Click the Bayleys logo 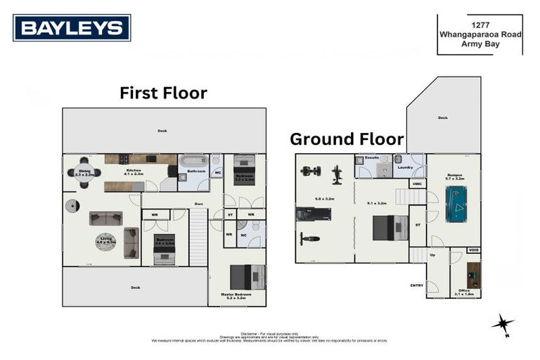click(72, 28)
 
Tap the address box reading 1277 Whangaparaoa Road click(480, 34)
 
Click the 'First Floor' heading click(163, 93)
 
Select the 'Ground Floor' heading click(347, 139)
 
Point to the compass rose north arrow click(502, 325)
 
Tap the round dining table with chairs click(84, 173)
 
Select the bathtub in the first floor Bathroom click(193, 162)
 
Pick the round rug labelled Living click(105, 241)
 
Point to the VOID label click(473, 250)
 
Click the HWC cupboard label click(417, 184)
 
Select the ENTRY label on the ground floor click(417, 285)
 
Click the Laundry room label click(404, 167)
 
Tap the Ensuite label click(372, 157)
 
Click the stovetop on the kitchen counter click(124, 160)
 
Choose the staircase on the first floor click(199, 238)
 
